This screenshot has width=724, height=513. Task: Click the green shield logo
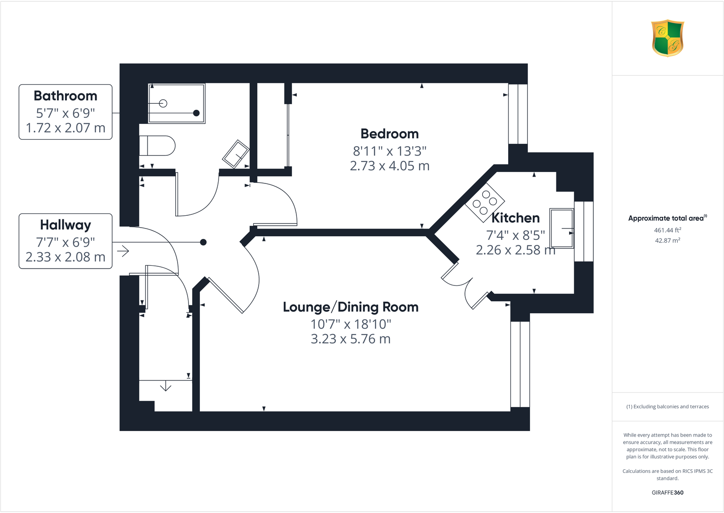[x=668, y=38]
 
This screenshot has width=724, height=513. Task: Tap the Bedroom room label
[x=389, y=134]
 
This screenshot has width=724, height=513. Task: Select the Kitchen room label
[x=515, y=218]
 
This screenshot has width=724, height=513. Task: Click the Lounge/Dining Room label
[x=350, y=307]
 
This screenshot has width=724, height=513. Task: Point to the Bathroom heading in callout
[x=66, y=96]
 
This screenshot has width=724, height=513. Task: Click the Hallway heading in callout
[x=66, y=225]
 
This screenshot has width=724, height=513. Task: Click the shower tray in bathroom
[x=177, y=103]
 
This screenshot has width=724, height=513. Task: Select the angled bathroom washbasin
[x=235, y=154]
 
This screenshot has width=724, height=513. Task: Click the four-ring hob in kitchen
[x=484, y=202]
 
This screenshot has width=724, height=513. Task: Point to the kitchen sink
[x=561, y=228]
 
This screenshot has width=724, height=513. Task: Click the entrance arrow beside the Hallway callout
[x=123, y=250]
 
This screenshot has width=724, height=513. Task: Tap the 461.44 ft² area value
[x=667, y=230]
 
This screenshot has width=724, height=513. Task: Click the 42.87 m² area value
[x=667, y=240]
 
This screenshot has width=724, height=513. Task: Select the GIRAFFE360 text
[x=667, y=493]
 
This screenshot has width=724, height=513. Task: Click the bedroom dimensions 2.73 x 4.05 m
[x=389, y=166]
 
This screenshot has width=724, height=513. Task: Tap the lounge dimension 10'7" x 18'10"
[x=350, y=324]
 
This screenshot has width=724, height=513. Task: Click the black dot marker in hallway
[x=204, y=242]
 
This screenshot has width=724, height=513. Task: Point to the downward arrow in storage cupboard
[x=166, y=387]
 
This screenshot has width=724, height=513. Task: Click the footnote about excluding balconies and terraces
[x=667, y=406]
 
